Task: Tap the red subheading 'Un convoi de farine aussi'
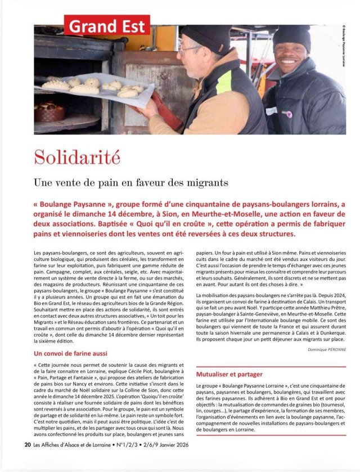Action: click(70, 353)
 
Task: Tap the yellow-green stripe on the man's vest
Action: click(224, 82)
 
